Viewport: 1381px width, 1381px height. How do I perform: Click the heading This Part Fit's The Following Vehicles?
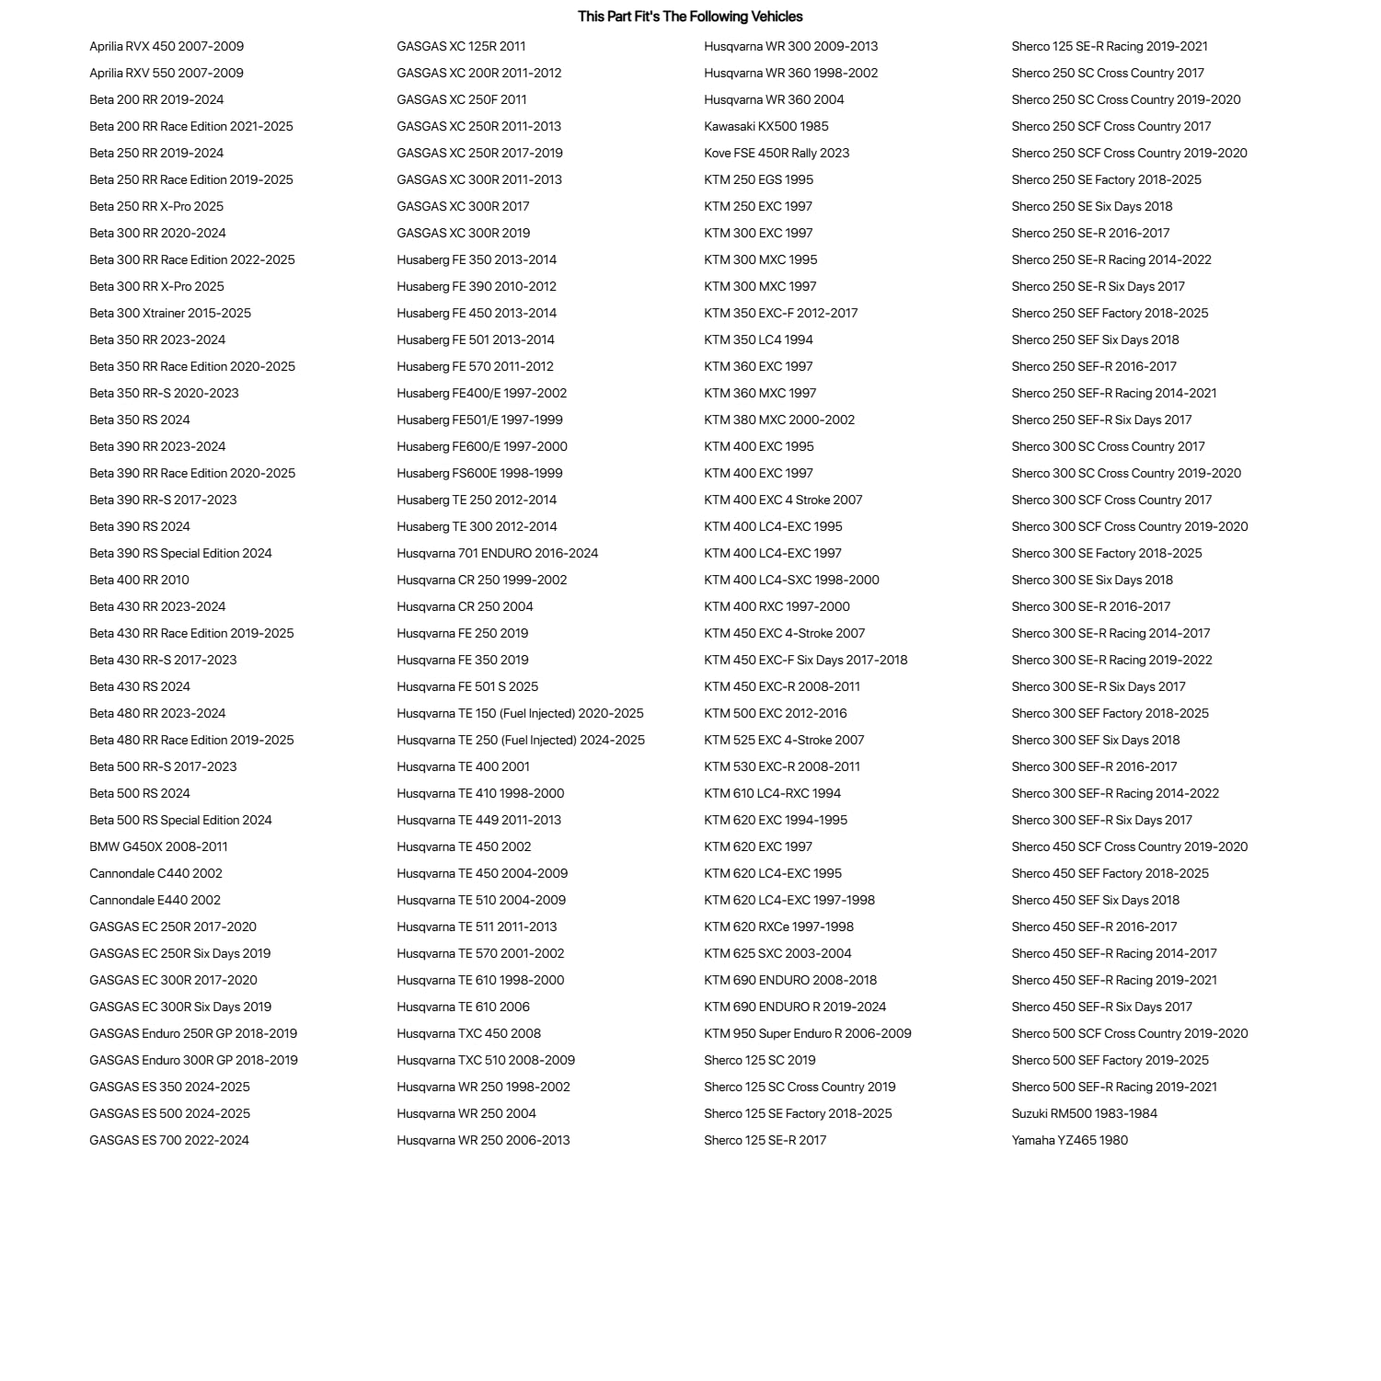(690, 17)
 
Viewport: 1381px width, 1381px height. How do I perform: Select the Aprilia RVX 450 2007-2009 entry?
(167, 46)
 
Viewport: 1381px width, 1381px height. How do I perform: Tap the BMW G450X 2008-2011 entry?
(158, 846)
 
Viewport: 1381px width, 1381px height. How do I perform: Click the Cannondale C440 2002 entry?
(155, 873)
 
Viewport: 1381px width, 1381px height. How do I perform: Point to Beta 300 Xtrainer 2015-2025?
(170, 313)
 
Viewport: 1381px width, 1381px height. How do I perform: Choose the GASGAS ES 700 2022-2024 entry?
(169, 1140)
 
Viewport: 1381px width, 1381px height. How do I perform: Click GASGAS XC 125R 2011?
(461, 46)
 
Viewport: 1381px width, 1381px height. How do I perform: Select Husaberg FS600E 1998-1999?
(479, 473)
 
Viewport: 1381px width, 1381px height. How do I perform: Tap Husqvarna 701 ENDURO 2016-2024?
(497, 553)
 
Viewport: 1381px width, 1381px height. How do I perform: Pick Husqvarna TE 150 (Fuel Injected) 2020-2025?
(520, 713)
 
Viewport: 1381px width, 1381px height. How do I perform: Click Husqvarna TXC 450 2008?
(468, 1033)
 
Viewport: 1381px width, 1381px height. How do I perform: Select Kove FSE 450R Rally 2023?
(777, 153)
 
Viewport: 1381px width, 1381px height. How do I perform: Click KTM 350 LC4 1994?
(758, 339)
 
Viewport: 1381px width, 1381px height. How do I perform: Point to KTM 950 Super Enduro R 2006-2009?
(807, 1033)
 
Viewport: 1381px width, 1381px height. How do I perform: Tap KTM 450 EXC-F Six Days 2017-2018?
(805, 660)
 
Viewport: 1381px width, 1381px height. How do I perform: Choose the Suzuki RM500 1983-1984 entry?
(1084, 1113)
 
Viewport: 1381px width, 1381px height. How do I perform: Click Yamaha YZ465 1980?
(1069, 1140)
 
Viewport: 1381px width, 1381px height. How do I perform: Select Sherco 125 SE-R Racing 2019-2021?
(1110, 46)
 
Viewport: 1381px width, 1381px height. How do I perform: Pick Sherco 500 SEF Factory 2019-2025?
(1110, 1060)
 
